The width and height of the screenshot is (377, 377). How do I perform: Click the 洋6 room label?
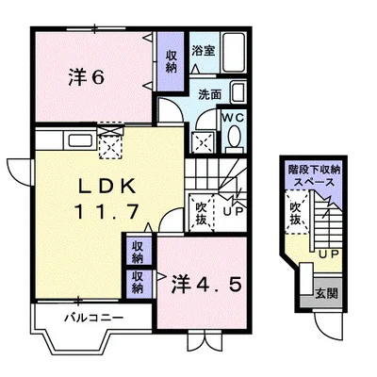tap(87, 78)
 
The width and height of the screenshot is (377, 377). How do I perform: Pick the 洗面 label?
tap(209, 94)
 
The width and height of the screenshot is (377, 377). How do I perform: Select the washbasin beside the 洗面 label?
tap(238, 93)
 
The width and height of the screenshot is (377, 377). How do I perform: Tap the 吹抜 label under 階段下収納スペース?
tap(297, 214)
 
